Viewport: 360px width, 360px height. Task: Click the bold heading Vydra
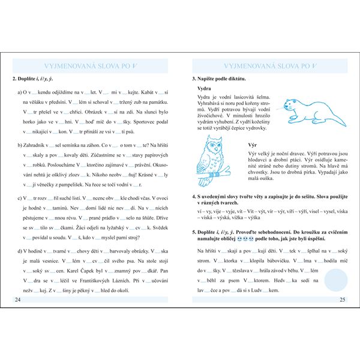[x=206, y=89]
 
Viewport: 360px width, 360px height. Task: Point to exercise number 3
[x=194, y=79]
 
